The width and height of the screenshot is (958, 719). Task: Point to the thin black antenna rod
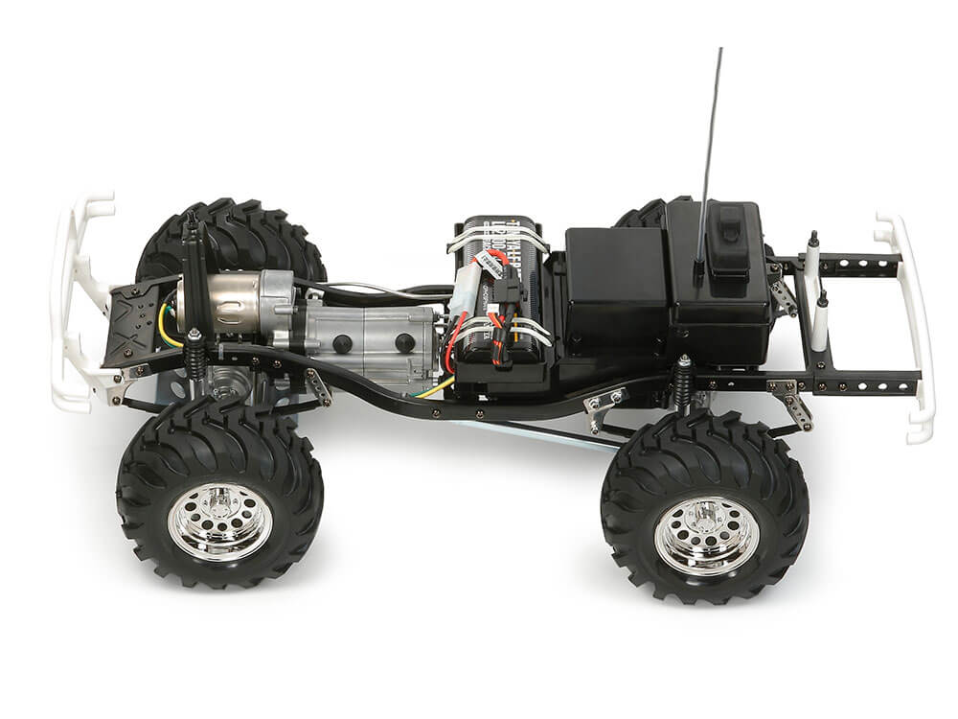pos(714,134)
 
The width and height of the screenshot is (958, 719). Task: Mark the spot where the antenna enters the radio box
pos(702,261)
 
